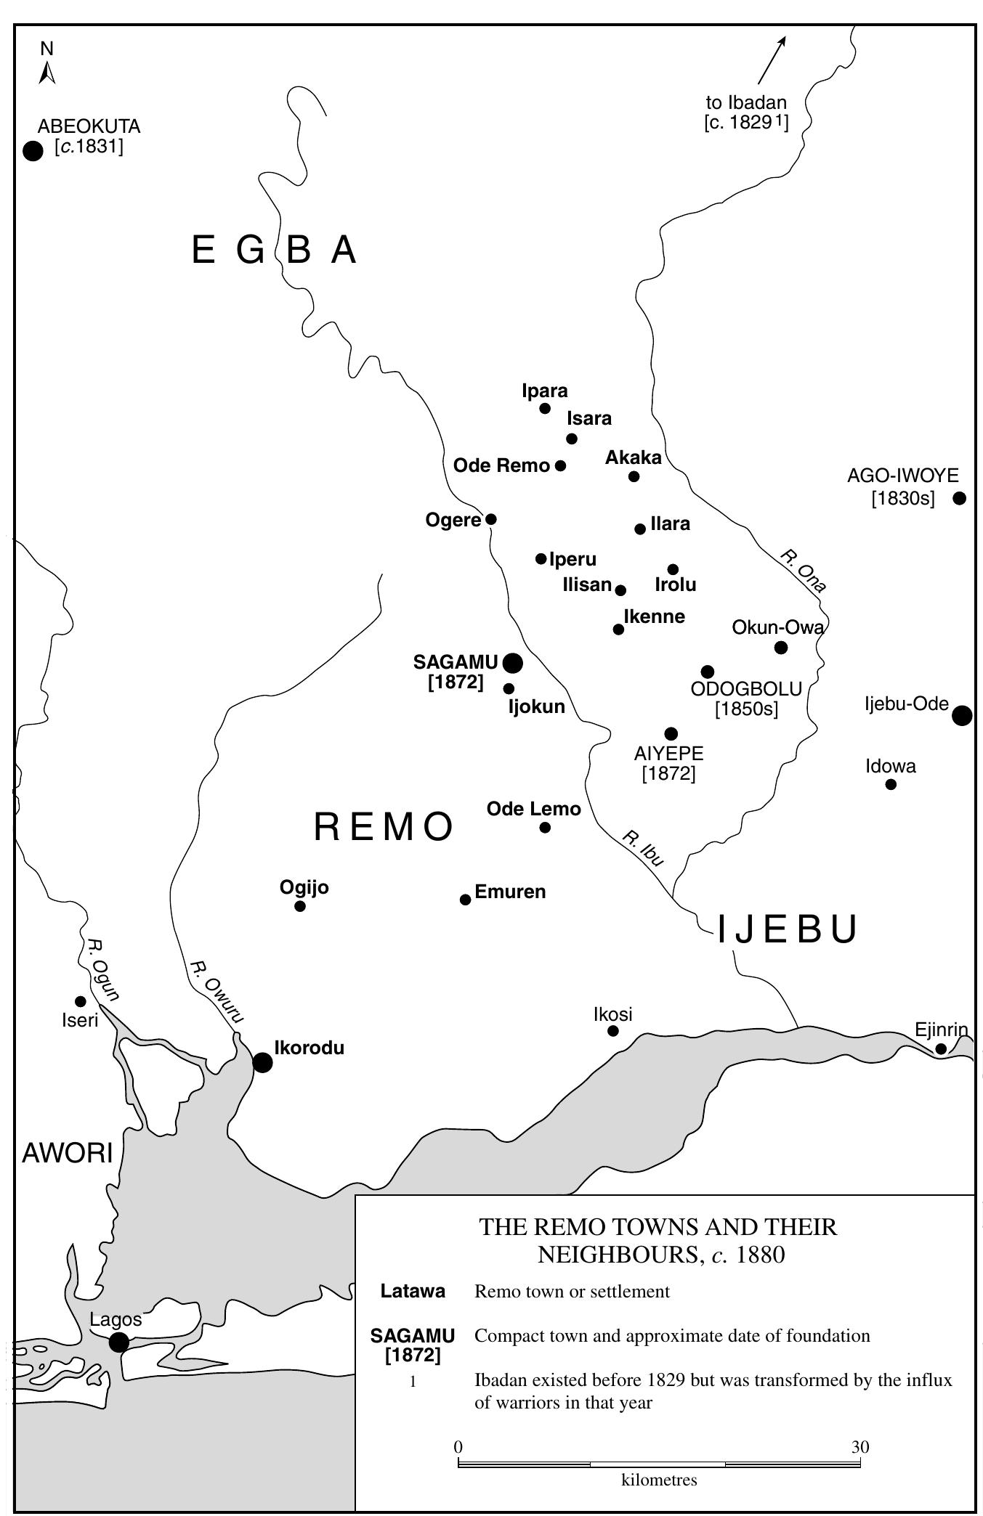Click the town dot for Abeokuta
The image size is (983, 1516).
[33, 151]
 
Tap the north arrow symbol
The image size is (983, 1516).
[47, 71]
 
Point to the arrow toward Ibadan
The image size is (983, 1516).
[772, 60]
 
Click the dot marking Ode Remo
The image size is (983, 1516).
[560, 465]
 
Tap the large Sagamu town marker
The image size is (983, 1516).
[512, 662]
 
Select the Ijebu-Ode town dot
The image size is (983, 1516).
[961, 715]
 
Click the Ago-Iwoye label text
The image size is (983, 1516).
[902, 476]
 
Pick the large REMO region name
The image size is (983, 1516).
[384, 827]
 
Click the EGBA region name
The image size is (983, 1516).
[275, 250]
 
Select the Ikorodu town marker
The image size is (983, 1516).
[262, 1062]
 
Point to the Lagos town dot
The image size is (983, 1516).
[118, 1342]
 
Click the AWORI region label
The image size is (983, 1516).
[68, 1152]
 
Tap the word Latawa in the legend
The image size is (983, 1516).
[413, 1292]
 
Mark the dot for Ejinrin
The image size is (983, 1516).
[941, 1048]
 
